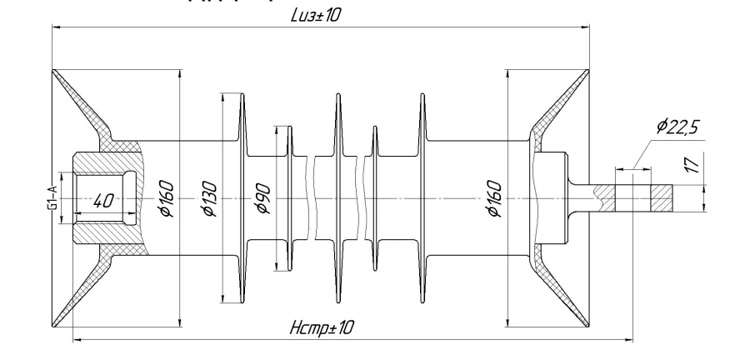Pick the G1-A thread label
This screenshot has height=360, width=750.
pos(52,197)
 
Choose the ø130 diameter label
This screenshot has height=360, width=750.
pos(209,198)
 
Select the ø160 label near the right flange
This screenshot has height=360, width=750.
pos(493,198)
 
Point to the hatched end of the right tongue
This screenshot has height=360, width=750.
pos(661,198)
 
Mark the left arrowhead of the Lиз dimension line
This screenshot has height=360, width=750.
pos(56,28)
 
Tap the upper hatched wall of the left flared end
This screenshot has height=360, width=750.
pos(96,117)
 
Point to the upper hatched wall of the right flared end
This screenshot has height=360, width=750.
pos(550,117)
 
